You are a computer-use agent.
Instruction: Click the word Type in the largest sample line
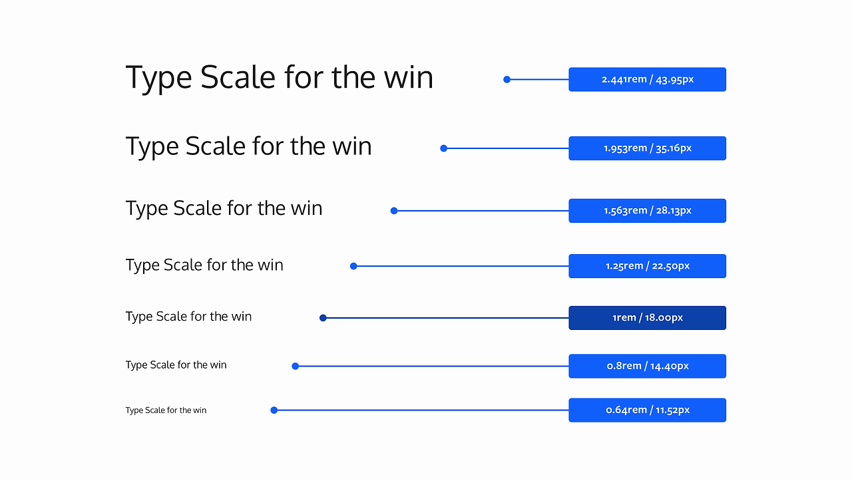click(159, 79)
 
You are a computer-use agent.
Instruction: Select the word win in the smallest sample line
click(200, 410)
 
